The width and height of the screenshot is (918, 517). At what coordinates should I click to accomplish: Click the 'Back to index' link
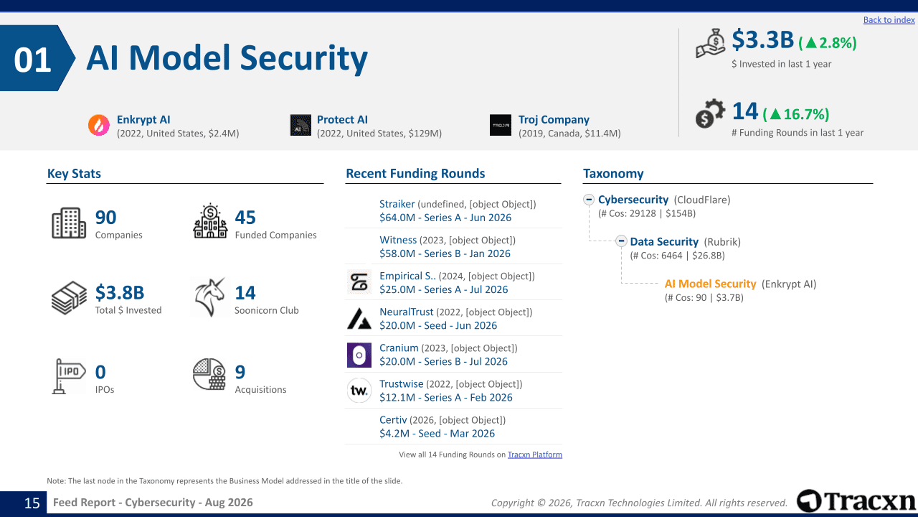(x=889, y=19)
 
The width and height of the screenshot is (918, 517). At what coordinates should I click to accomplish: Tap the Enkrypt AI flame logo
(x=99, y=125)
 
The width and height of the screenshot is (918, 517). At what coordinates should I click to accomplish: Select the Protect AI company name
(x=342, y=119)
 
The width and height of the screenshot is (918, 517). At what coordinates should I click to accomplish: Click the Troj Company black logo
(x=501, y=125)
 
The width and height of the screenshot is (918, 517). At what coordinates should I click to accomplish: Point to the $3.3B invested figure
(x=762, y=39)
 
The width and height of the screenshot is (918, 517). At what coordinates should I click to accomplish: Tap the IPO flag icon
(x=69, y=376)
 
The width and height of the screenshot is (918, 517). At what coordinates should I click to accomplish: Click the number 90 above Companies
(x=105, y=218)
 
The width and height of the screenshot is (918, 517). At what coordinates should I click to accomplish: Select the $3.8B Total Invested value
(x=120, y=292)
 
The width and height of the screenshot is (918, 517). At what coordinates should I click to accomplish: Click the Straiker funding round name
(x=397, y=204)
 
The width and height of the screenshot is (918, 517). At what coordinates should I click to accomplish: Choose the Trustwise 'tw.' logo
(x=359, y=390)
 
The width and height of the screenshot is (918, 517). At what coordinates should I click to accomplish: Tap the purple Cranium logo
(x=359, y=355)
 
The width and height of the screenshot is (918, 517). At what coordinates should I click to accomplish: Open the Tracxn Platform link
(x=535, y=455)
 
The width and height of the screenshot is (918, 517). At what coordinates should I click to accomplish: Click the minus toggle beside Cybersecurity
(x=589, y=200)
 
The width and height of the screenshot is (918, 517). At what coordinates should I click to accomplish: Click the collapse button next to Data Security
(x=621, y=241)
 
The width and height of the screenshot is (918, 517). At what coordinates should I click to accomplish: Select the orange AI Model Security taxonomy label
(x=710, y=284)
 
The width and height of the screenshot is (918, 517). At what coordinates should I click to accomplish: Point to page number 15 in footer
(x=32, y=503)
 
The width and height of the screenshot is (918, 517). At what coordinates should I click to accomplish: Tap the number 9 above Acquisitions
(x=240, y=372)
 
